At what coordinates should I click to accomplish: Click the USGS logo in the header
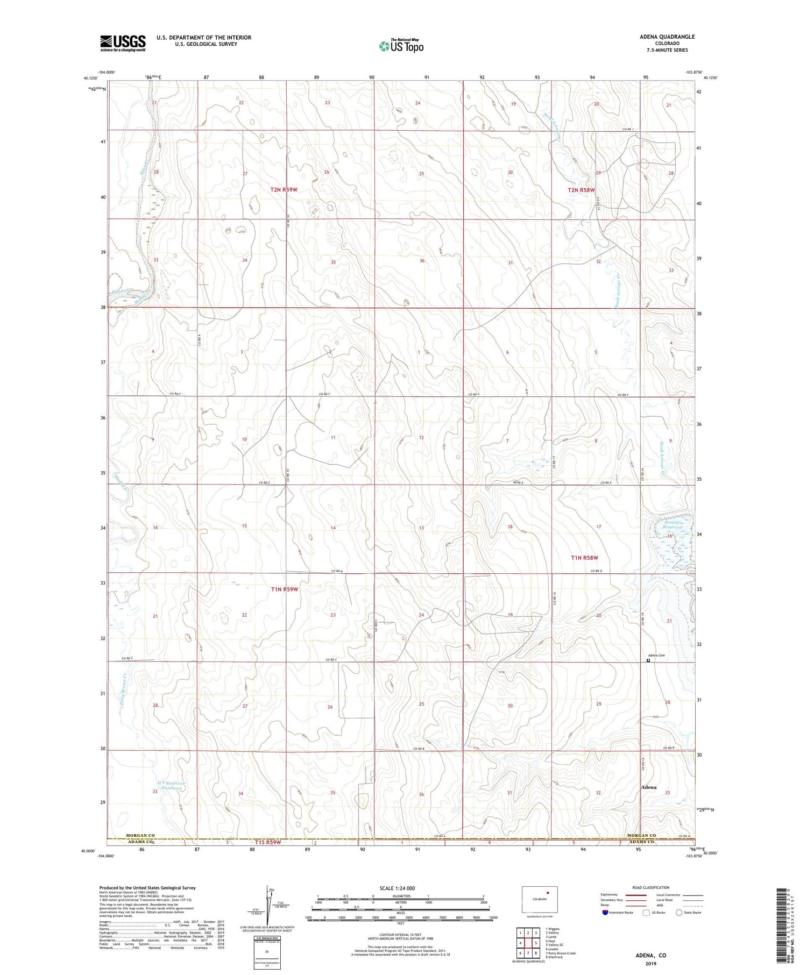tap(123, 43)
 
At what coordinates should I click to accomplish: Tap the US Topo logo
tap(401, 46)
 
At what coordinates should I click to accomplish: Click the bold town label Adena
tap(648, 787)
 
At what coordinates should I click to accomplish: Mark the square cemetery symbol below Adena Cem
tap(648, 661)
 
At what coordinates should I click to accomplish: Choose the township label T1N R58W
tap(584, 558)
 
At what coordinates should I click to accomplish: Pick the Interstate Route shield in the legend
tap(605, 912)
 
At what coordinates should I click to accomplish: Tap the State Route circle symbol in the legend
tap(679, 912)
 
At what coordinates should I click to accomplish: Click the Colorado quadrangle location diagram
tap(540, 900)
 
